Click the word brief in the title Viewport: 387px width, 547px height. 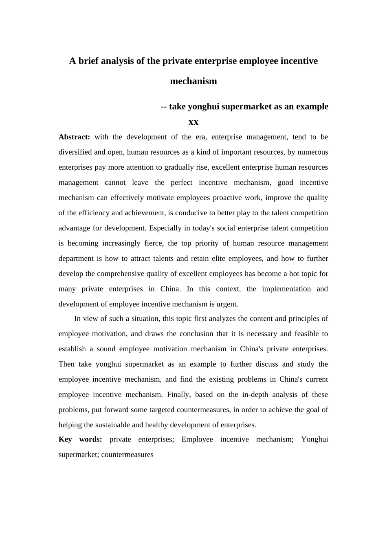88,61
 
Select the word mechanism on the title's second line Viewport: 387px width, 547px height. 193,81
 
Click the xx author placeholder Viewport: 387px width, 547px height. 193,122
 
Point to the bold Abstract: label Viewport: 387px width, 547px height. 74,137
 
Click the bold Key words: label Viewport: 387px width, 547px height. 80,440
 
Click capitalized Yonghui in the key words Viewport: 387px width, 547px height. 314,440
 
